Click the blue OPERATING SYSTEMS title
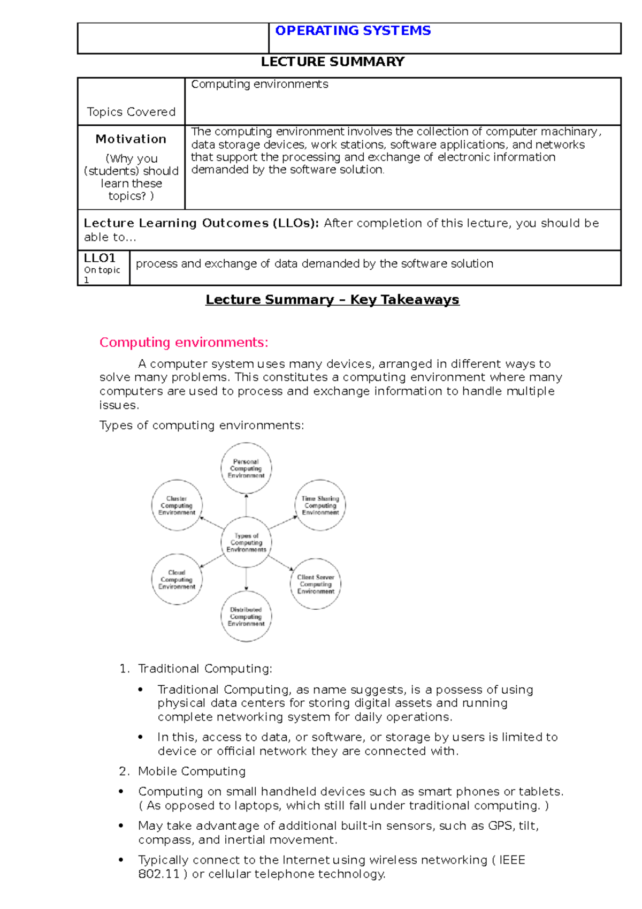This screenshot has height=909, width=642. pyautogui.click(x=353, y=31)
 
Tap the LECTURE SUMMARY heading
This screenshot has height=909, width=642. pyautogui.click(x=332, y=62)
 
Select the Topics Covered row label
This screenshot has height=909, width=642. pyautogui.click(x=131, y=112)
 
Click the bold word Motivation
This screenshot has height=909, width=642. pyautogui.click(x=131, y=139)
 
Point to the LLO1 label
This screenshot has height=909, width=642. pyautogui.click(x=100, y=258)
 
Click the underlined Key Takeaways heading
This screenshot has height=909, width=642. pyautogui.click(x=332, y=300)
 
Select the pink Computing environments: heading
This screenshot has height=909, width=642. pyautogui.click(x=184, y=342)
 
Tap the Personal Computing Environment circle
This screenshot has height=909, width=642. pyautogui.click(x=246, y=468)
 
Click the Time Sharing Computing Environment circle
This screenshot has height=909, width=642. pyautogui.click(x=320, y=505)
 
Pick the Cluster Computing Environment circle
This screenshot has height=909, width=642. pyautogui.click(x=177, y=505)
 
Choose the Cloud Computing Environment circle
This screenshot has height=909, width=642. pyautogui.click(x=177, y=579)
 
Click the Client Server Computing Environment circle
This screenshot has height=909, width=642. pyautogui.click(x=316, y=584)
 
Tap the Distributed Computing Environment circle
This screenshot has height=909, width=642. pyautogui.click(x=246, y=616)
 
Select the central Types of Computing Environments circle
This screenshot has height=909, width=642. pyautogui.click(x=246, y=542)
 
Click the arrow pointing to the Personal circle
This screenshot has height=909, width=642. pyautogui.click(x=246, y=505)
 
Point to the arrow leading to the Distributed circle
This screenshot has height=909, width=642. pyautogui.click(x=246, y=579)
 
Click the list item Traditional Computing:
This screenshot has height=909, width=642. pyautogui.click(x=205, y=669)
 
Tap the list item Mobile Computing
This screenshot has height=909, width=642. pyautogui.click(x=192, y=771)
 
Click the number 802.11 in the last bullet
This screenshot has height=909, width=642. pyautogui.click(x=158, y=874)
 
